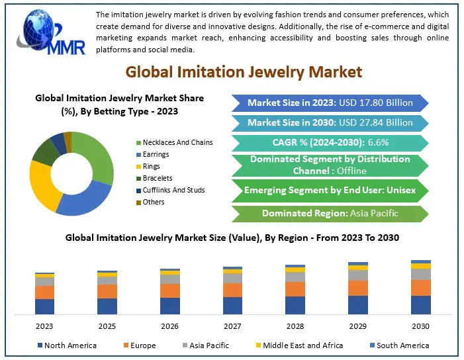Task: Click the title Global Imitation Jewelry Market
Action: point(244,71)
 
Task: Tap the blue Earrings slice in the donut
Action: point(83,198)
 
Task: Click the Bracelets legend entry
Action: point(157,178)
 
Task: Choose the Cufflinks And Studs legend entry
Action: point(173,190)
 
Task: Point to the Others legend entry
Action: point(153,202)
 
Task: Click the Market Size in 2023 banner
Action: point(330,103)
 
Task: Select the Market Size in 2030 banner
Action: point(330,122)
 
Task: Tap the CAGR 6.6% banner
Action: point(330,143)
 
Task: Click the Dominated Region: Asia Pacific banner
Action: point(330,213)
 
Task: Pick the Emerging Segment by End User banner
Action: point(330,190)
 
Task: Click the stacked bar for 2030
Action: point(420,287)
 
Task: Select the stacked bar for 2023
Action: point(44,293)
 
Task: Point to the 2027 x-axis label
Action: point(232,326)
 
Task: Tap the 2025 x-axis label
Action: point(107,326)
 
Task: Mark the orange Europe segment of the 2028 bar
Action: point(295,289)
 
